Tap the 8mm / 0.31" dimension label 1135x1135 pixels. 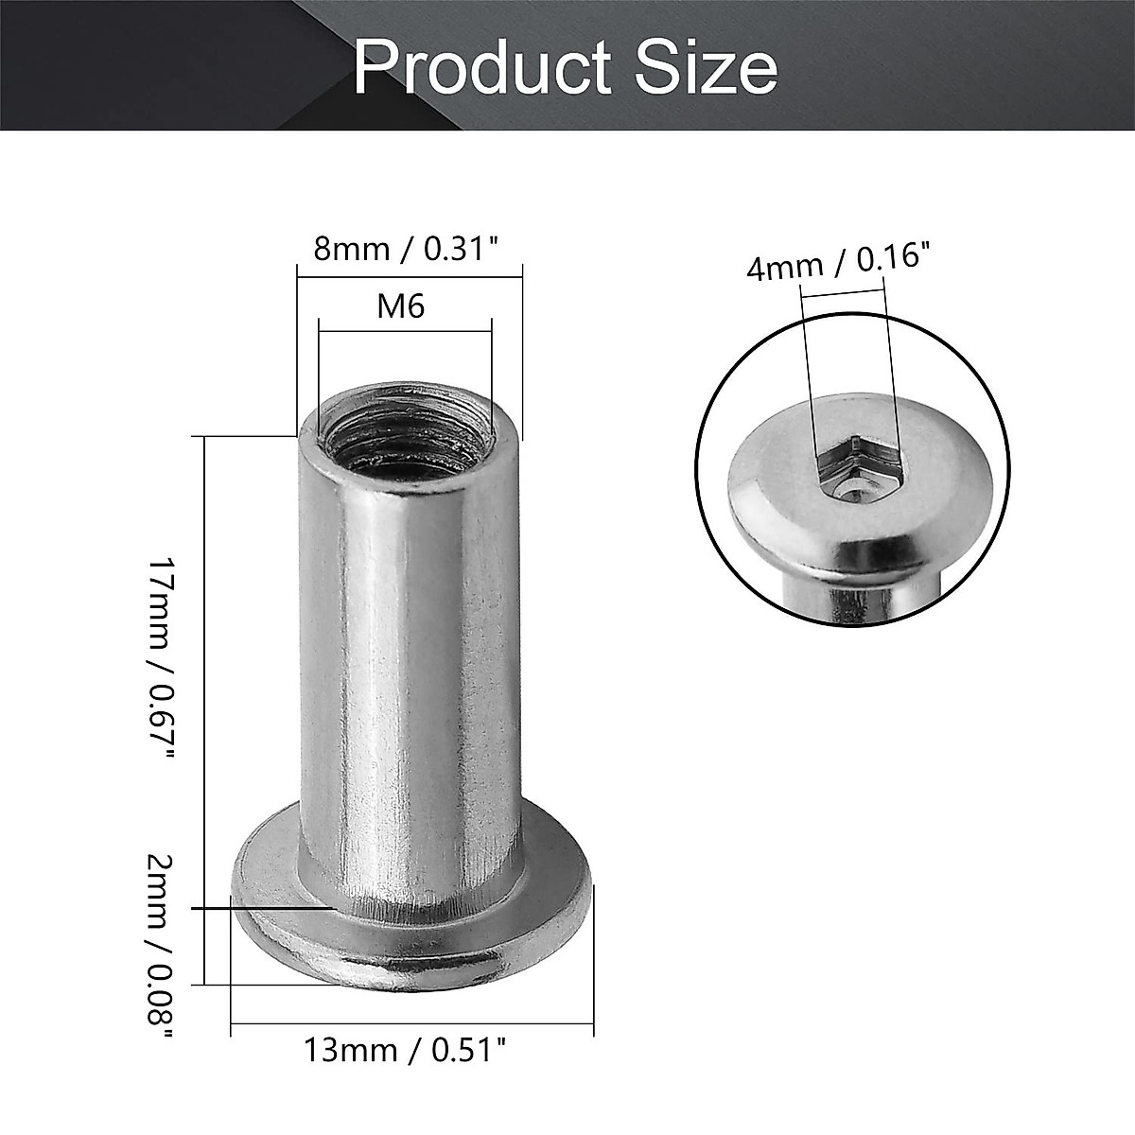click(x=406, y=250)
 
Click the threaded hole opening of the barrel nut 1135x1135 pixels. click(x=407, y=430)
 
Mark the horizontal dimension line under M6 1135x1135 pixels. click(x=405, y=330)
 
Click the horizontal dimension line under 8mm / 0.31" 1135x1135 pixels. click(x=410, y=275)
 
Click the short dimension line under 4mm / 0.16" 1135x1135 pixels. click(x=844, y=294)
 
